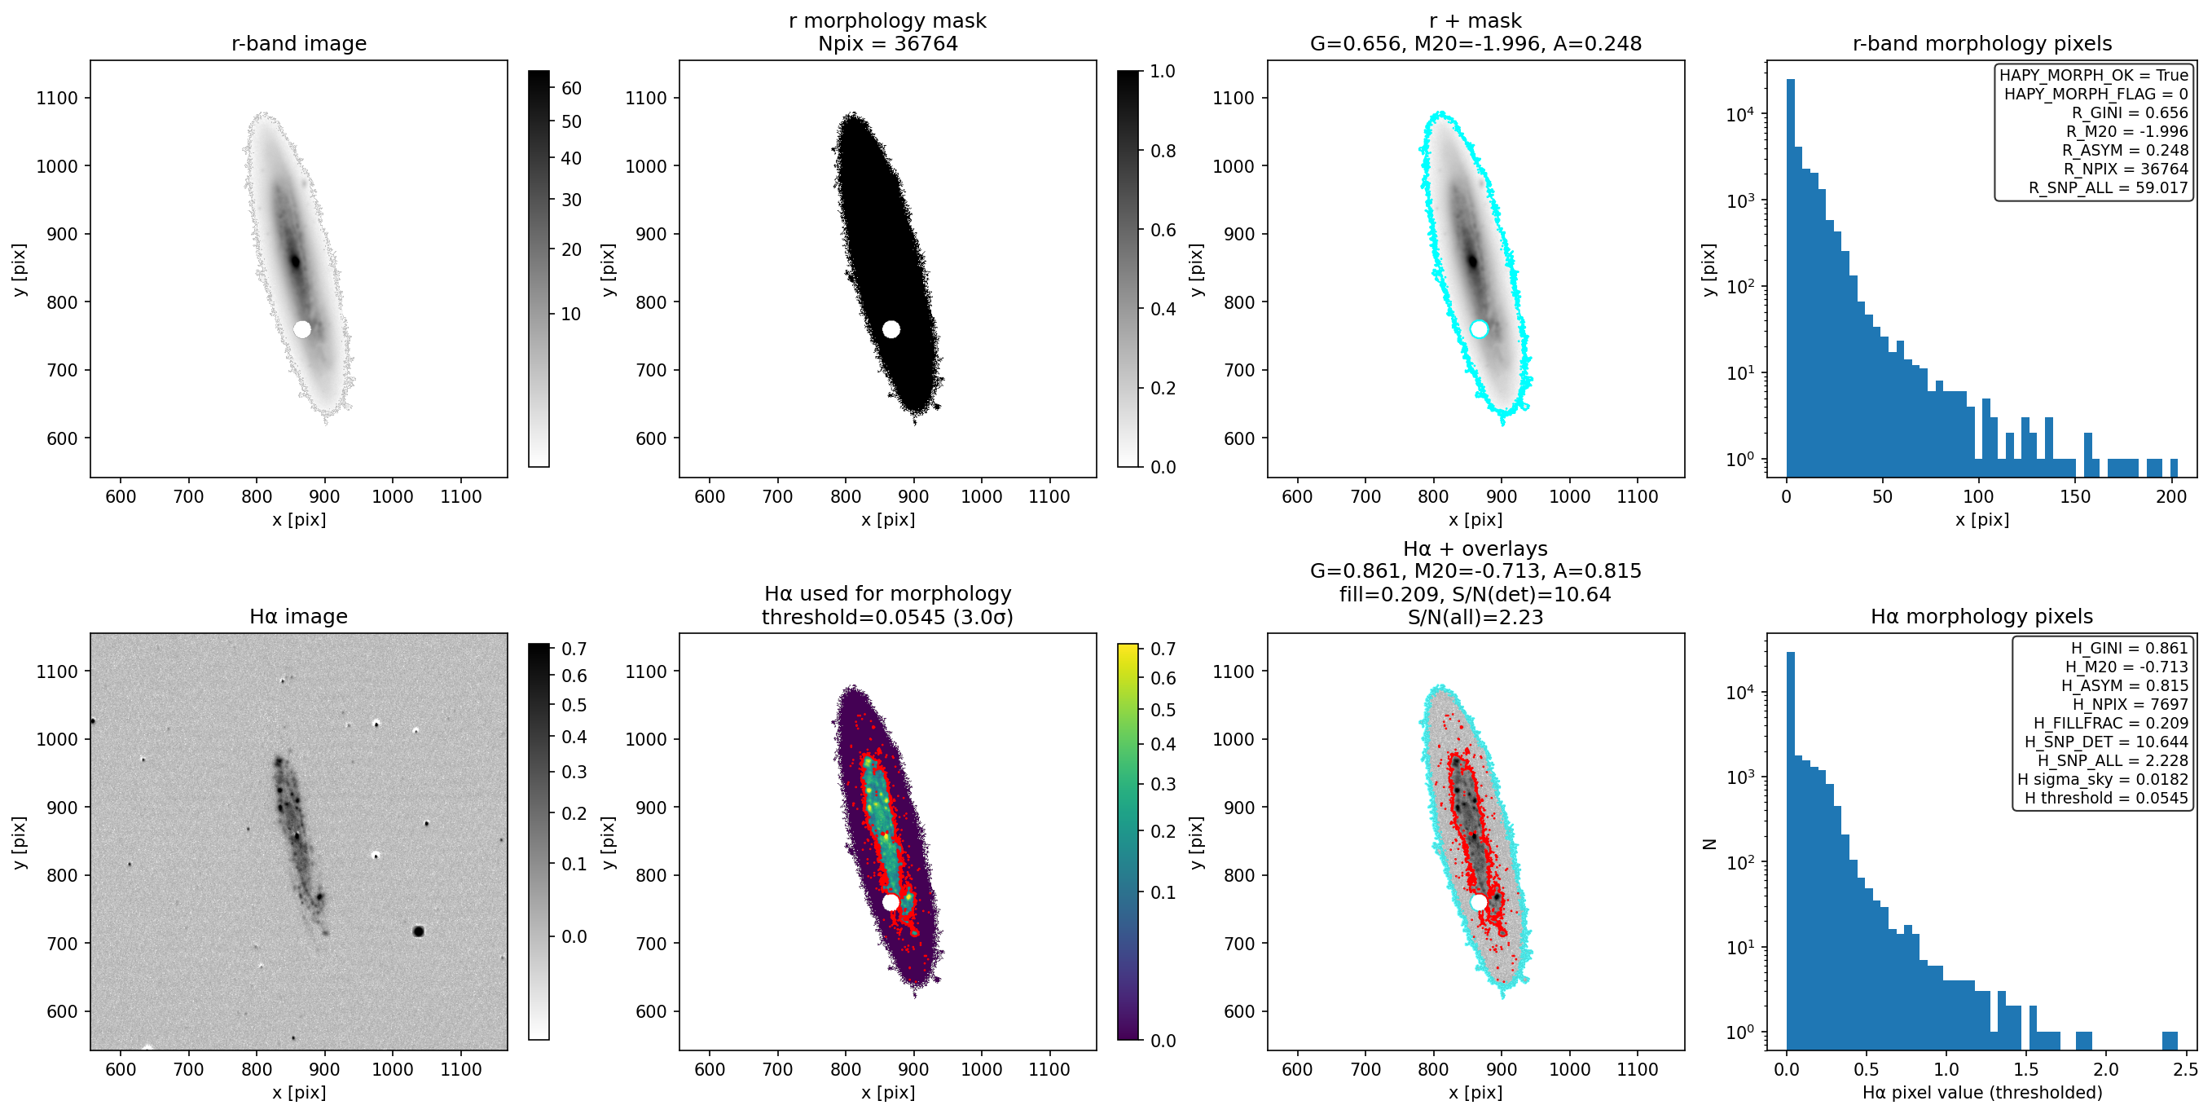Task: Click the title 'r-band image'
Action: click(x=299, y=43)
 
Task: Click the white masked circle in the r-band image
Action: click(x=302, y=329)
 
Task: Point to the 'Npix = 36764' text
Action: click(x=888, y=43)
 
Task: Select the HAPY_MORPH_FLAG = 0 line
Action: click(x=2096, y=94)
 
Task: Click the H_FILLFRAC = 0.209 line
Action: click(x=2111, y=723)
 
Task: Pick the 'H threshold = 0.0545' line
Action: click(x=2106, y=798)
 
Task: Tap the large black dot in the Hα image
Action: click(x=418, y=931)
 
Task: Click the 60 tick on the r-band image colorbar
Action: click(x=571, y=89)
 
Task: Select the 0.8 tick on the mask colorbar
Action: click(x=1163, y=151)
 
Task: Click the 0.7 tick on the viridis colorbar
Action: click(x=1163, y=649)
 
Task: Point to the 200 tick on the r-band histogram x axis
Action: click(x=2170, y=496)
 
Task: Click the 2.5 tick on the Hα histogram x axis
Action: click(x=2185, y=1069)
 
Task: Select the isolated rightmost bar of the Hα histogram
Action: click(x=2169, y=1040)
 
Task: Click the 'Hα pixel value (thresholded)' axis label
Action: click(x=1982, y=1093)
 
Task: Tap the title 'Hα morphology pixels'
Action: click(x=1982, y=616)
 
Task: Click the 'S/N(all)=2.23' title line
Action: click(x=1475, y=617)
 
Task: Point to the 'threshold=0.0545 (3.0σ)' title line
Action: click(x=888, y=617)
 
